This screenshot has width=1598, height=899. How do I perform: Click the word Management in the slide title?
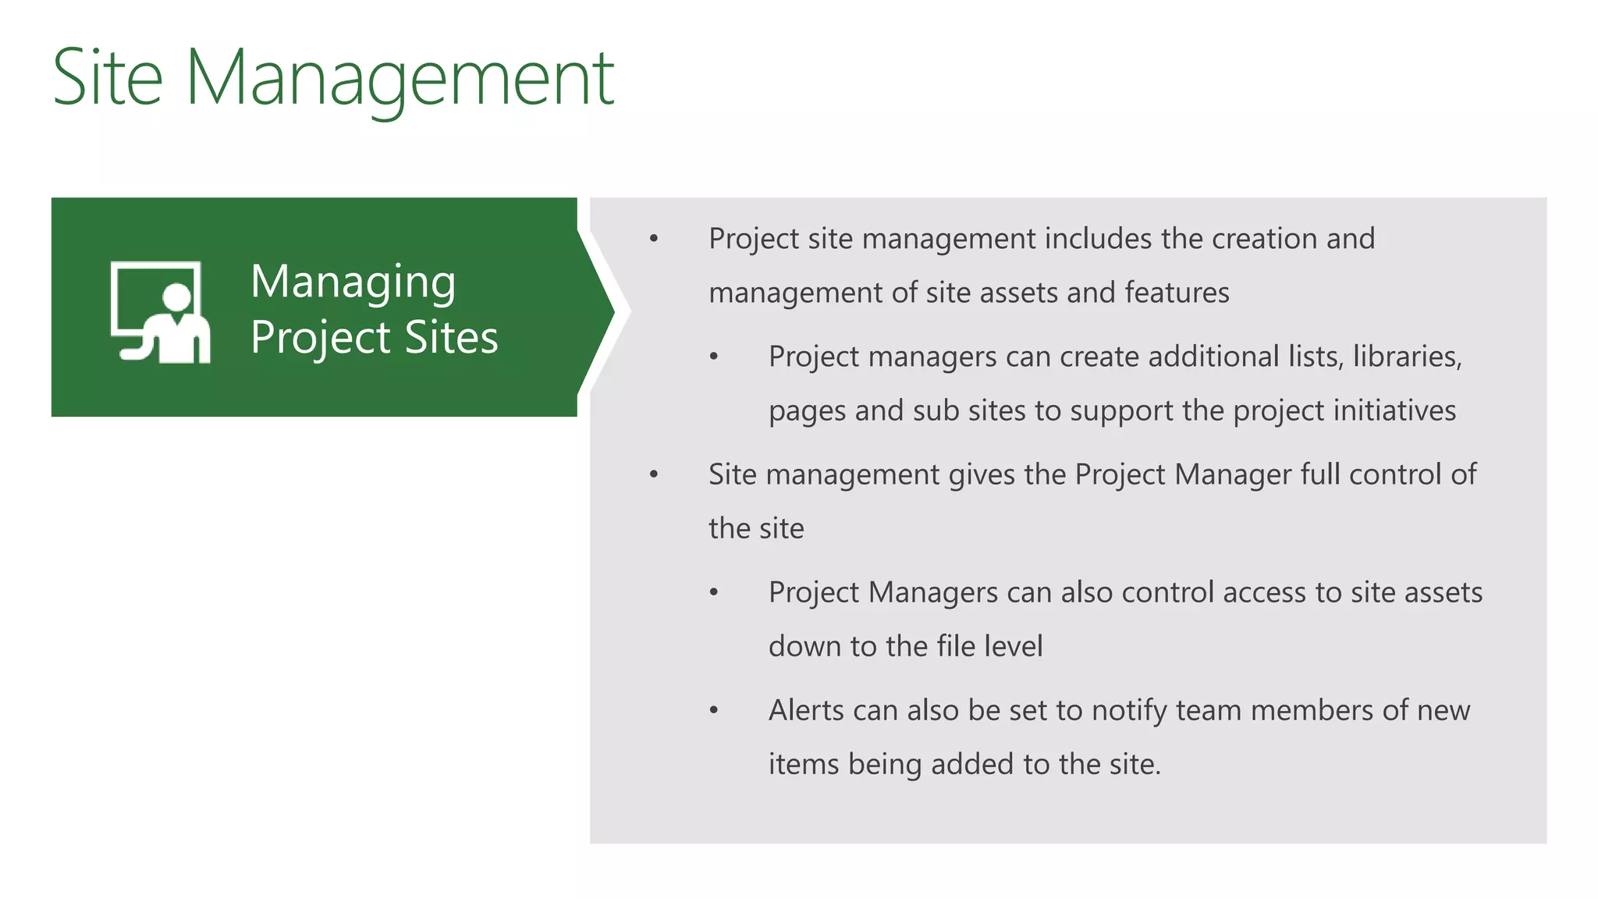click(399, 78)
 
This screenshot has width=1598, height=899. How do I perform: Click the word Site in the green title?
click(108, 78)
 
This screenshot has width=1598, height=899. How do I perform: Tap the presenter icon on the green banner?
click(161, 312)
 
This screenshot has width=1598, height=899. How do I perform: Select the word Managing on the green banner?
click(353, 282)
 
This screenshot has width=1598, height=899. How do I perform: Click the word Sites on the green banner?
click(451, 338)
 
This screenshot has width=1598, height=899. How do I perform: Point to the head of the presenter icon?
click(177, 297)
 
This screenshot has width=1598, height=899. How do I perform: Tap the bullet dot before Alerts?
click(713, 710)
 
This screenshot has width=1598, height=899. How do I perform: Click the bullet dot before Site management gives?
click(654, 474)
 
